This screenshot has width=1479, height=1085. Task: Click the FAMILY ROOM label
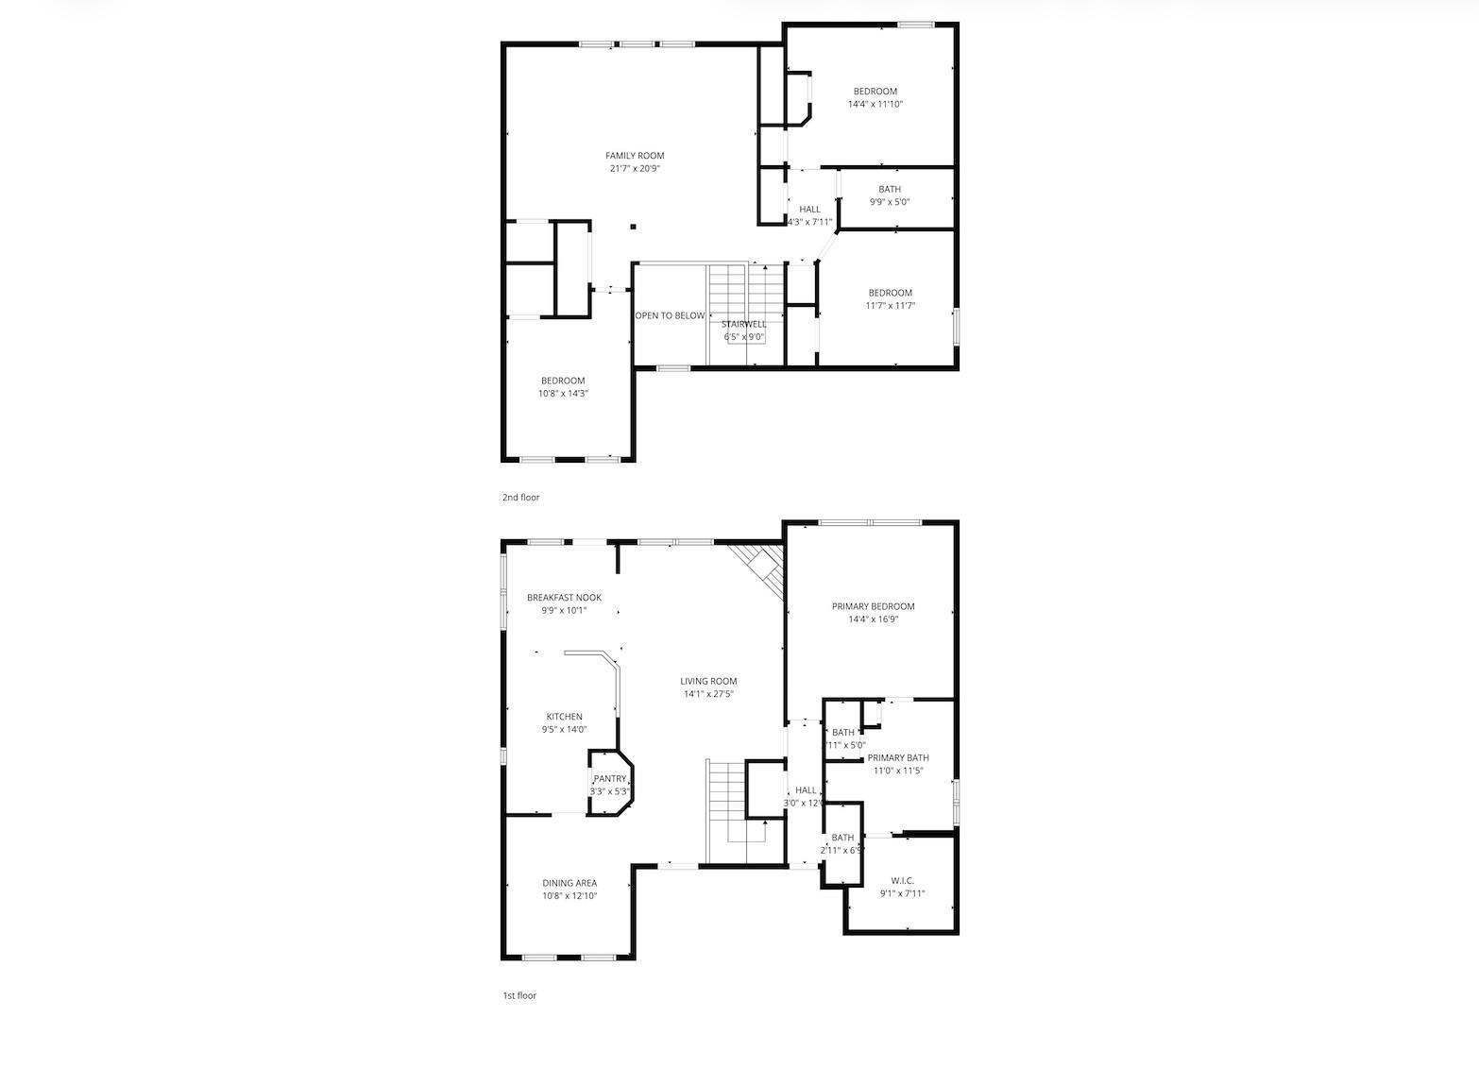point(635,156)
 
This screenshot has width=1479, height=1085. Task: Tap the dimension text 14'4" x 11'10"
point(875,105)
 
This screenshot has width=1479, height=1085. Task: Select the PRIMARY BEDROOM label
point(873,606)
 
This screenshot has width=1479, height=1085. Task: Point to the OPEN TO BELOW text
point(670,315)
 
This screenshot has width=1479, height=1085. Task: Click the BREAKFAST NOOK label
point(564,598)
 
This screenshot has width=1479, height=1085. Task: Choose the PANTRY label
point(609,779)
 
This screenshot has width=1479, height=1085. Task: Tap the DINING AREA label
point(569,883)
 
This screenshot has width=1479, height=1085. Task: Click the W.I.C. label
point(902,880)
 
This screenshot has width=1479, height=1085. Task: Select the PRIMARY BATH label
point(898,757)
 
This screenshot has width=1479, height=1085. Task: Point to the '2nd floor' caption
point(520,497)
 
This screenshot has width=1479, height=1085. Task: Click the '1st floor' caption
point(518,995)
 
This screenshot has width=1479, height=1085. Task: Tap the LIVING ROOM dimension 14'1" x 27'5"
point(708,694)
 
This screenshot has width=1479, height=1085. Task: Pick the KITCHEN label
point(564,717)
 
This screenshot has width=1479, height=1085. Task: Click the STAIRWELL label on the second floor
point(744,324)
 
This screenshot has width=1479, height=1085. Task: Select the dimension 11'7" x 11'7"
point(890,306)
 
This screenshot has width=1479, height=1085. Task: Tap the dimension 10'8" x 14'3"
point(563,394)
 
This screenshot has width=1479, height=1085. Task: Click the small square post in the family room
point(633,227)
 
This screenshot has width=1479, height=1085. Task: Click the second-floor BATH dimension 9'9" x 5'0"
point(889,202)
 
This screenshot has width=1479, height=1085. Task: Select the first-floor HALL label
point(806,790)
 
